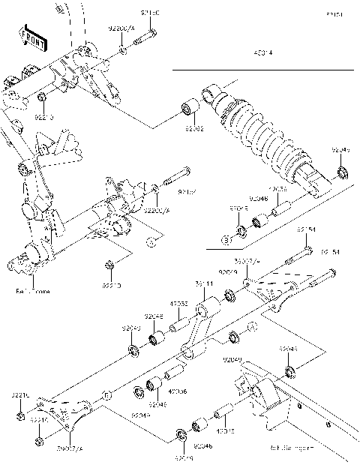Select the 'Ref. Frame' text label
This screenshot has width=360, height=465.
click(x=31, y=290)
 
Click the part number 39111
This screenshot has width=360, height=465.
click(x=204, y=284)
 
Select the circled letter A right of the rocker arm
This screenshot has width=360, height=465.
click(x=252, y=325)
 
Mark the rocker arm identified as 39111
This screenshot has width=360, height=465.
click(x=201, y=331)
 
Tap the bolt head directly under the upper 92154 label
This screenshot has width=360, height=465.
click(x=307, y=250)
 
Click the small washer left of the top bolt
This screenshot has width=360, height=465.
click(x=122, y=50)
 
